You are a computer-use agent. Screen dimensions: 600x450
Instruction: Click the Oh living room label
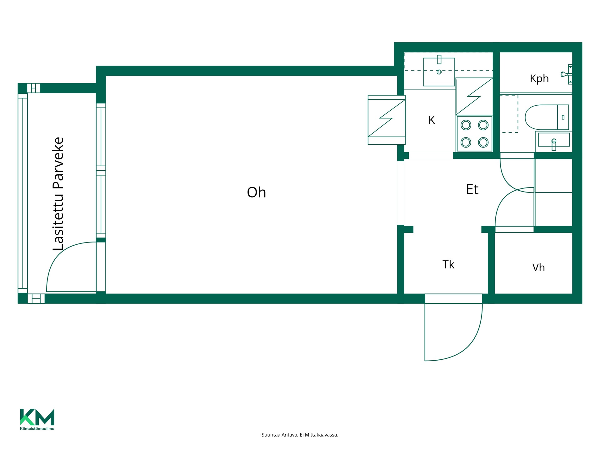256,192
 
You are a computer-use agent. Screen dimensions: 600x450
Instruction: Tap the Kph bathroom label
539,78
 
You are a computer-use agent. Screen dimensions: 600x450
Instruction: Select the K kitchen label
432,120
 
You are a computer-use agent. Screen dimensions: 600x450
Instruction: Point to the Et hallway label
472,189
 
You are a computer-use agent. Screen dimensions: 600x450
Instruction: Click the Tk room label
448,265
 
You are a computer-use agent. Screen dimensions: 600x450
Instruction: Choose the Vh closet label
538,268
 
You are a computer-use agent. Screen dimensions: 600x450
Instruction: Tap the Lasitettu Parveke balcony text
58,194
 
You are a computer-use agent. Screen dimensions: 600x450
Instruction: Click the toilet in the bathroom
547,117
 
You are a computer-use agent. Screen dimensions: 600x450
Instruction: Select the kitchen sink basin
439,72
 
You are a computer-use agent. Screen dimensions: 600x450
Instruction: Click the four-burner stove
474,134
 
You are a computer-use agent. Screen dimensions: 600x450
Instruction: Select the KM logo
37,417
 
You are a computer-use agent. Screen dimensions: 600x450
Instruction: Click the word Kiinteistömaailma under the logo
37,428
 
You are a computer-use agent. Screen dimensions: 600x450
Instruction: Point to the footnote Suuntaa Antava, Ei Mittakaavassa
300,435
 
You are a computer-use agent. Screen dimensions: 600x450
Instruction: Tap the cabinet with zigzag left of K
387,120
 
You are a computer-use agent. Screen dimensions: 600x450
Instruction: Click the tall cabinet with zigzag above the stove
474,96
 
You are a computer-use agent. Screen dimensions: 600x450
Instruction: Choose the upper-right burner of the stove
483,125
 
